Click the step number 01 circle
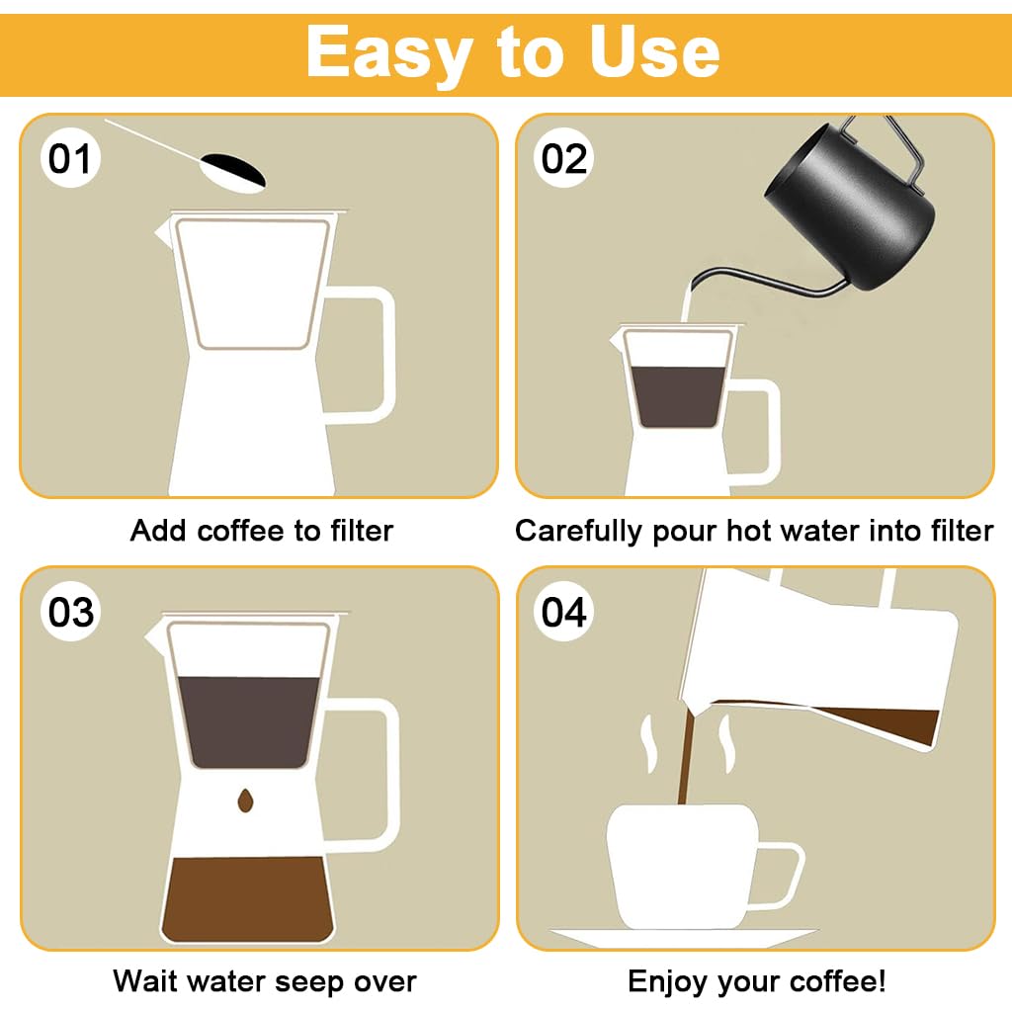[x=69, y=158]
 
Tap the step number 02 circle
[x=564, y=158]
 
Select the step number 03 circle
[x=71, y=612]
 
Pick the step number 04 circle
[x=564, y=612]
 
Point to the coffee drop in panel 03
[x=244, y=801]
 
